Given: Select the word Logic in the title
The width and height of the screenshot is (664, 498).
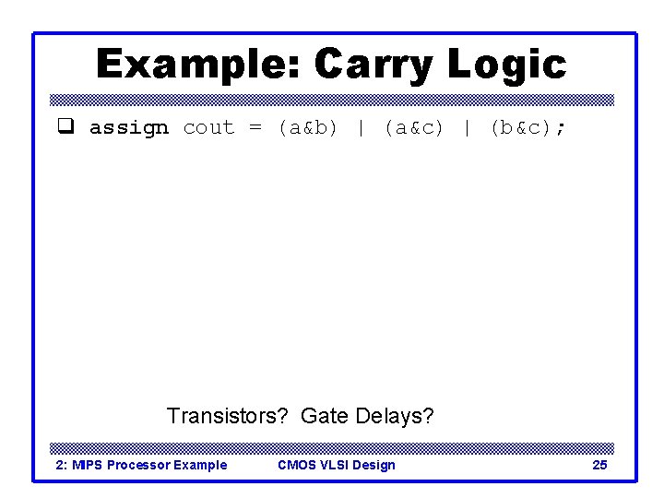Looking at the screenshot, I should [507, 65].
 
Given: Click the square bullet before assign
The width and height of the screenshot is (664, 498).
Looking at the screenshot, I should [65, 127].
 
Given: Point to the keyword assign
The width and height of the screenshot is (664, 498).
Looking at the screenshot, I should [129, 127].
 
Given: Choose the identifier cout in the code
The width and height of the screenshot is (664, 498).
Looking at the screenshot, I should [208, 127].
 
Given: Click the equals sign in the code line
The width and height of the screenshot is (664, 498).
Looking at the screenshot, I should [255, 127].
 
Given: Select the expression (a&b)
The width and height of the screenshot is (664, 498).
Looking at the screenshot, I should [308, 127].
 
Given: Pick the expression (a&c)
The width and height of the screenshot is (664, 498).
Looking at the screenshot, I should [414, 127].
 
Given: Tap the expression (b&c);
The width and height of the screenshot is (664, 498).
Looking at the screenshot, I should [528, 127].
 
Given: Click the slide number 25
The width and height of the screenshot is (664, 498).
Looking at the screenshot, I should [599, 465].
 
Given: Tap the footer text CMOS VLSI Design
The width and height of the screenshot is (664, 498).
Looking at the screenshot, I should [337, 465].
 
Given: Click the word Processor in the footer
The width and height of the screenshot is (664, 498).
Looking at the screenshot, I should [137, 465].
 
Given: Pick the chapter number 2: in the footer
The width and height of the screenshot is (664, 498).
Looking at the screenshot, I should [62, 465].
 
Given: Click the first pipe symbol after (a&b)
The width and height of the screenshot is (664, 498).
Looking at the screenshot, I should [361, 127].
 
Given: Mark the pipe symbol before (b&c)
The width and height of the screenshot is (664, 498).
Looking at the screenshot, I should [467, 127].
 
